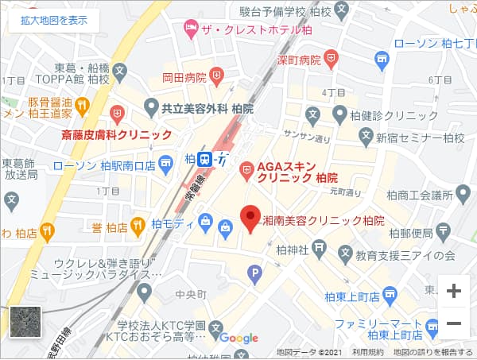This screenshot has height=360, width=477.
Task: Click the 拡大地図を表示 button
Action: click(54, 21)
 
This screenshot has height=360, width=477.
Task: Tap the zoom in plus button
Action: click(454, 291)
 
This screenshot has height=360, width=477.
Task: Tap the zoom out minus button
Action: click(454, 323)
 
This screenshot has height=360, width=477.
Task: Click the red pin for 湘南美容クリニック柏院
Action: click(251, 219)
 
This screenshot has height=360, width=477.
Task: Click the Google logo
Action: click(239, 338)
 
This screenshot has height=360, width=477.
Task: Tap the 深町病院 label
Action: click(299, 60)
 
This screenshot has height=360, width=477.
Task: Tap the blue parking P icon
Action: click(255, 276)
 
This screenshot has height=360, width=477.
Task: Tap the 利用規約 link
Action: click(366, 352)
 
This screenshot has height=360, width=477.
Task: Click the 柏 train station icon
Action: click(205, 158)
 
